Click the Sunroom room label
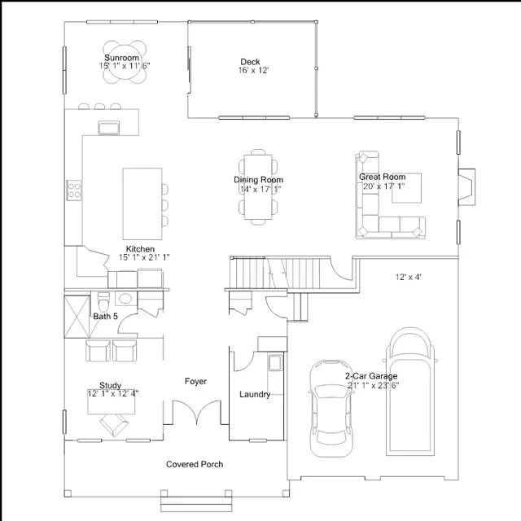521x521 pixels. pos(121,58)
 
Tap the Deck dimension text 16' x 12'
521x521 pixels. pos(253,71)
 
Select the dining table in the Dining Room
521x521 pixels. pos(258,187)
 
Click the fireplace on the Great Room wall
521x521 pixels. pos(466,187)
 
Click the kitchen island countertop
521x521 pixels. pos(142,204)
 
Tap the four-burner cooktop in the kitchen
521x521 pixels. pos(74,190)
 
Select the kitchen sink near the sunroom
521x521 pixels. pos(108,128)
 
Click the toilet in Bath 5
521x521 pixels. pos(103,302)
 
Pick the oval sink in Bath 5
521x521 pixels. pos(125,299)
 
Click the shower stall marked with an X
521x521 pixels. pos(77,317)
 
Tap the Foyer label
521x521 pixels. pos(195,382)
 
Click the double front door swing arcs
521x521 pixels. pos(196,413)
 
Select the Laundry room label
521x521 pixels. pos(255,394)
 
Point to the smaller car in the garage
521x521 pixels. pos(331,408)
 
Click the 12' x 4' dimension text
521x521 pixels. pos(409,277)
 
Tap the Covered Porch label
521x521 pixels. pos(195,464)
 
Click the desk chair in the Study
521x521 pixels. pos(114,425)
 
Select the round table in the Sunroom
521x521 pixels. pos(125,62)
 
